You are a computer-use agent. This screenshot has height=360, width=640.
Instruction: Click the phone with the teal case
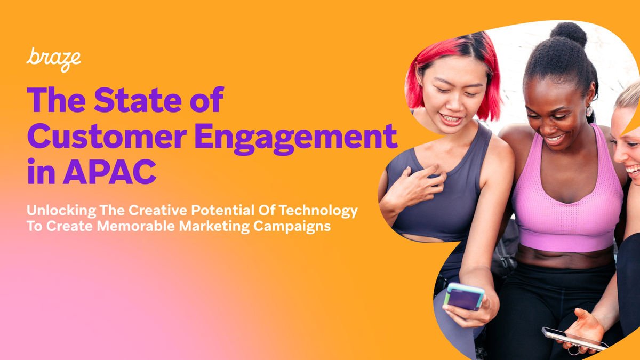pos(464,297)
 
